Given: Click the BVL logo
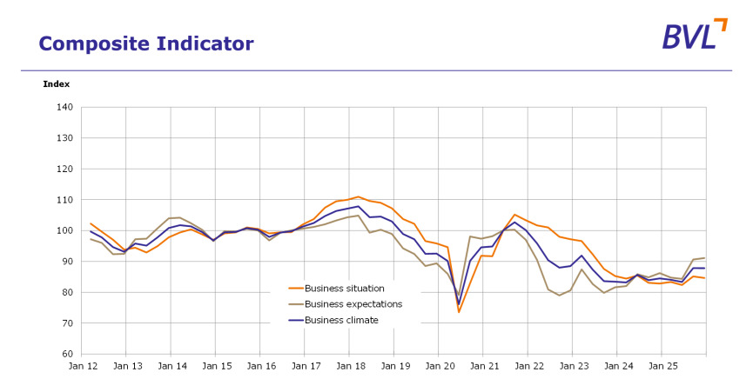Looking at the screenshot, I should pos(692,35).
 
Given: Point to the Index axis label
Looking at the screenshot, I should pos(56,84).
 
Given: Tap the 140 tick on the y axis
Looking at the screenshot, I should pos(64,108).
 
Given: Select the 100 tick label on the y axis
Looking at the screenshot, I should pos(64,231).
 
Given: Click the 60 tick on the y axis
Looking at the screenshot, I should pos(67,355).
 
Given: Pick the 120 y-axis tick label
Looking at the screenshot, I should pos(64,170).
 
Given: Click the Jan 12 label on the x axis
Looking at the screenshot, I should pos(82,367).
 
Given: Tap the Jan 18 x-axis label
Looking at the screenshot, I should pos(349,367).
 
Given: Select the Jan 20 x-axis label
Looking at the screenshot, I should pos(438,367).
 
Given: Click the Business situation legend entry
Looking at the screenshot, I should pos(344,289).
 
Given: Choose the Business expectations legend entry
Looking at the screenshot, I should pos(353,304).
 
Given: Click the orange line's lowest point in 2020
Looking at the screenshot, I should pos(459,312).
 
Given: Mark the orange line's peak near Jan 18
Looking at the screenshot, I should pos(358,196).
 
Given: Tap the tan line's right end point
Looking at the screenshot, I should pos(705,257).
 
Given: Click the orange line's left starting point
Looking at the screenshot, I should pos(91,223).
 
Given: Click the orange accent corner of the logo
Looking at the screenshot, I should pos(721,23).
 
